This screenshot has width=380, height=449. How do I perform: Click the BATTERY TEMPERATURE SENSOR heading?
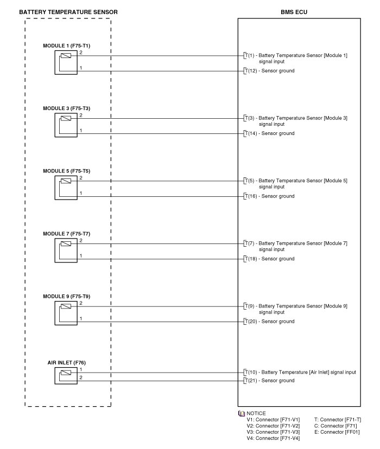click(x=68, y=12)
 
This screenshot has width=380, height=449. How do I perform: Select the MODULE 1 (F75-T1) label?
click(x=67, y=46)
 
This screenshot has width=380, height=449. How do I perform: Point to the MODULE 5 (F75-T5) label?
click(x=67, y=171)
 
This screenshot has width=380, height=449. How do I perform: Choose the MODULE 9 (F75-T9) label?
click(x=67, y=296)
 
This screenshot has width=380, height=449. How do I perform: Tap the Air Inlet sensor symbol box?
click(x=66, y=376)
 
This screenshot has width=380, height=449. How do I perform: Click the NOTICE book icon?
click(x=242, y=413)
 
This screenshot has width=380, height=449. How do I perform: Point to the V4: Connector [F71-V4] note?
click(x=273, y=438)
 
